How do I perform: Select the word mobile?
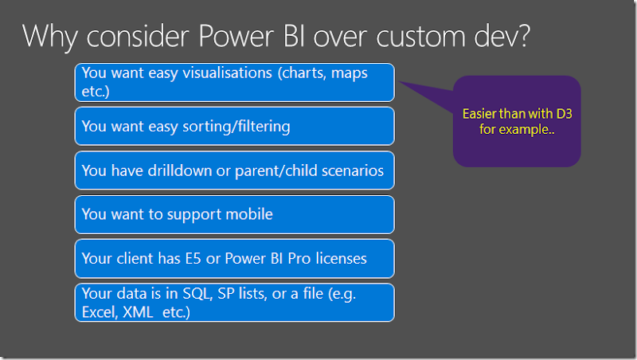tap(248, 214)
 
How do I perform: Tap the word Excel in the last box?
tap(99, 312)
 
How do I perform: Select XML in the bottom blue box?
tap(137, 312)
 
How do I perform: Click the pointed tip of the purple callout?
tap(400, 83)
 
